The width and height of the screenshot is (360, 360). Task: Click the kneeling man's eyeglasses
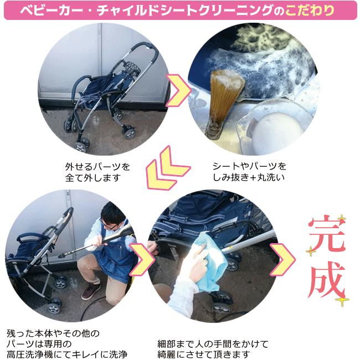pyautogui.click(x=109, y=225)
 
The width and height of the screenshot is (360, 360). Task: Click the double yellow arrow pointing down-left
pyautogui.click(x=168, y=168)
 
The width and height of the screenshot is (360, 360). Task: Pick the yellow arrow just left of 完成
pyautogui.click(x=282, y=259)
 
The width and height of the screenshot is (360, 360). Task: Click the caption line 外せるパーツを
pyautogui.click(x=97, y=167)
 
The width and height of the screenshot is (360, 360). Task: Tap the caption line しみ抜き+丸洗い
pyautogui.click(x=249, y=177)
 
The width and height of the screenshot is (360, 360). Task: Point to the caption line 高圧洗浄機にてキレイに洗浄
pyautogui.click(x=67, y=354)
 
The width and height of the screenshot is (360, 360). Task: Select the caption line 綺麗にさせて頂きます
pyautogui.click(x=204, y=354)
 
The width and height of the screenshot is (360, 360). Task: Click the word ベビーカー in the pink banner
pyautogui.click(x=51, y=11)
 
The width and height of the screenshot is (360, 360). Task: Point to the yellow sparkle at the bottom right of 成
pyautogui.click(x=342, y=300)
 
